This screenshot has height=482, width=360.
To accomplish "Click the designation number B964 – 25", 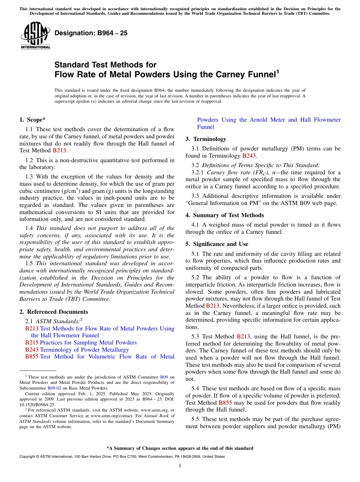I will [91, 33].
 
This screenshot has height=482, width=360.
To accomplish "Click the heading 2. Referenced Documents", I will [54, 312].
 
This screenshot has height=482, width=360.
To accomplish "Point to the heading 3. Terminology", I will [206, 139].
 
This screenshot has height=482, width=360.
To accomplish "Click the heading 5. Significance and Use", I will [217, 244].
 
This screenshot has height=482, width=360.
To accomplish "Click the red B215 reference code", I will [32, 343].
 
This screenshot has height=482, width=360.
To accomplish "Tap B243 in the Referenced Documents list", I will [32, 350].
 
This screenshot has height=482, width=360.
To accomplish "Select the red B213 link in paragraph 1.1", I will [59, 150].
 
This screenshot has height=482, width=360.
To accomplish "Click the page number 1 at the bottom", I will [180, 465].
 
